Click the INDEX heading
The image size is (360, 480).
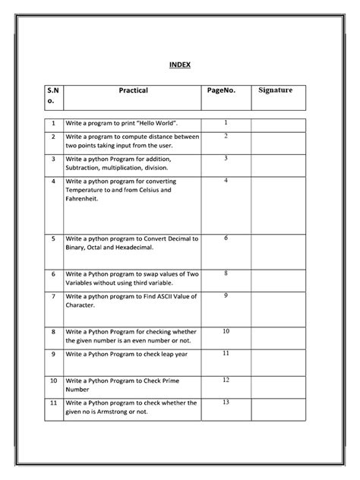[179, 65]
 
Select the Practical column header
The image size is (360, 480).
[132, 90]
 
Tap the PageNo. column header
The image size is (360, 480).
[221, 90]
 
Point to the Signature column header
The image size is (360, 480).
[276, 90]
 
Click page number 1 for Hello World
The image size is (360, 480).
[226, 122]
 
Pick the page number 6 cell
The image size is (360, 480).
[226, 238]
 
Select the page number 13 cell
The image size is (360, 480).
[226, 402]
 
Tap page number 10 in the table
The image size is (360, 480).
[226, 331]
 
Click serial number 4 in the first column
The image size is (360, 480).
[54, 182]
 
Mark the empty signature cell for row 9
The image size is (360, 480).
[279, 355]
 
